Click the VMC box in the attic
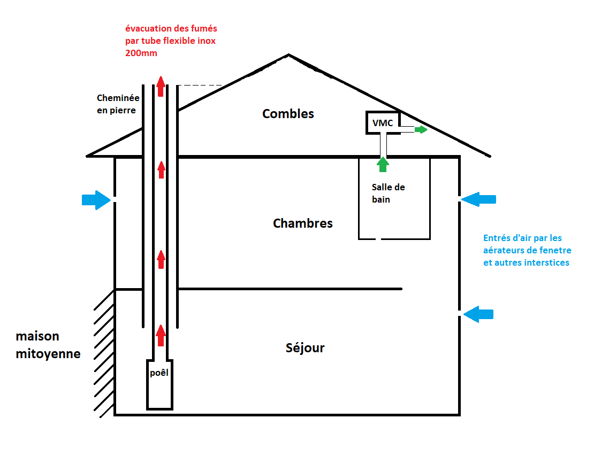coord(383,122)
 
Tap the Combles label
coord(288,113)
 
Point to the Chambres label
coord(303,223)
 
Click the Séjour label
coord(305,348)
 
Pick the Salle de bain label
coord(388,193)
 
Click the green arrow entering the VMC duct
coord(382,164)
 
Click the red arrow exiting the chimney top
coord(161,86)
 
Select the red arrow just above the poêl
coord(161,335)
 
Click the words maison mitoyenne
coord(48,345)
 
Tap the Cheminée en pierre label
coord(118,104)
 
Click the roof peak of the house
coord(289,55)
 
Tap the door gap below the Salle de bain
coord(379,239)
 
